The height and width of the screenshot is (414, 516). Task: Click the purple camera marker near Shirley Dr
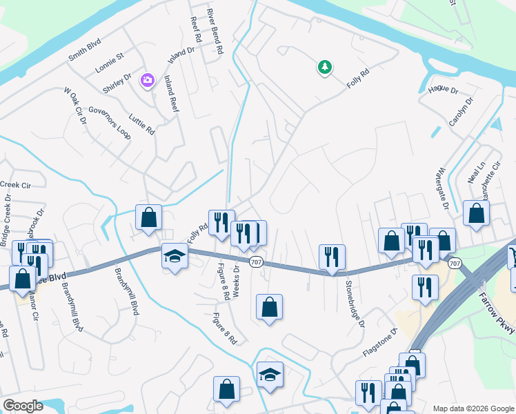click(x=147, y=81)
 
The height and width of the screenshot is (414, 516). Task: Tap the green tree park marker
click(x=324, y=67)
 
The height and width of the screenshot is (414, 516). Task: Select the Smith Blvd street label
click(x=85, y=50)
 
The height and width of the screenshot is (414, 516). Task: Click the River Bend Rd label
click(x=216, y=31)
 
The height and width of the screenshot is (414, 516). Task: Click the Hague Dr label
click(x=443, y=89)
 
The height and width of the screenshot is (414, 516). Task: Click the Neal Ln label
click(x=477, y=168)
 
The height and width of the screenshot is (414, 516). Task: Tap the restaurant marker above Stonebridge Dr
click(x=332, y=257)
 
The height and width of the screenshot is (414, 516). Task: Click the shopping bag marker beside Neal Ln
click(x=476, y=213)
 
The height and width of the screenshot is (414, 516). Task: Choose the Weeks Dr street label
click(x=236, y=281)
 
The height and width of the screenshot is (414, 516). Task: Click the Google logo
click(x=23, y=406)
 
